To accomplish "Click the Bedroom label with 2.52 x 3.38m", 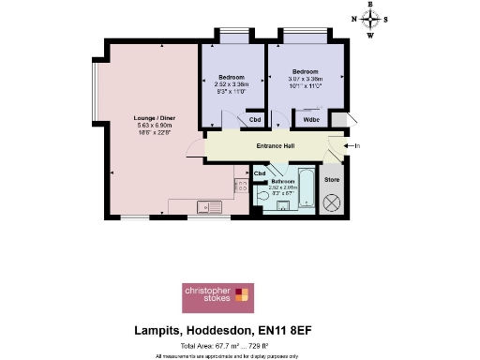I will [x=232, y=76].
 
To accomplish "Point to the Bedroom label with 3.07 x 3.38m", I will [x=305, y=72].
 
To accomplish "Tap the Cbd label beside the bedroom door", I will [x=254, y=120].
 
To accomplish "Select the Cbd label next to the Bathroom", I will [x=260, y=173].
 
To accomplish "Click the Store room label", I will [x=331, y=178].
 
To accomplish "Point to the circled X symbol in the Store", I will [x=331, y=202].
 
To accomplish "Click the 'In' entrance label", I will [x=357, y=145].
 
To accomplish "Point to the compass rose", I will [x=371, y=19].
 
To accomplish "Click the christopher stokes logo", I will [x=215, y=297].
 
